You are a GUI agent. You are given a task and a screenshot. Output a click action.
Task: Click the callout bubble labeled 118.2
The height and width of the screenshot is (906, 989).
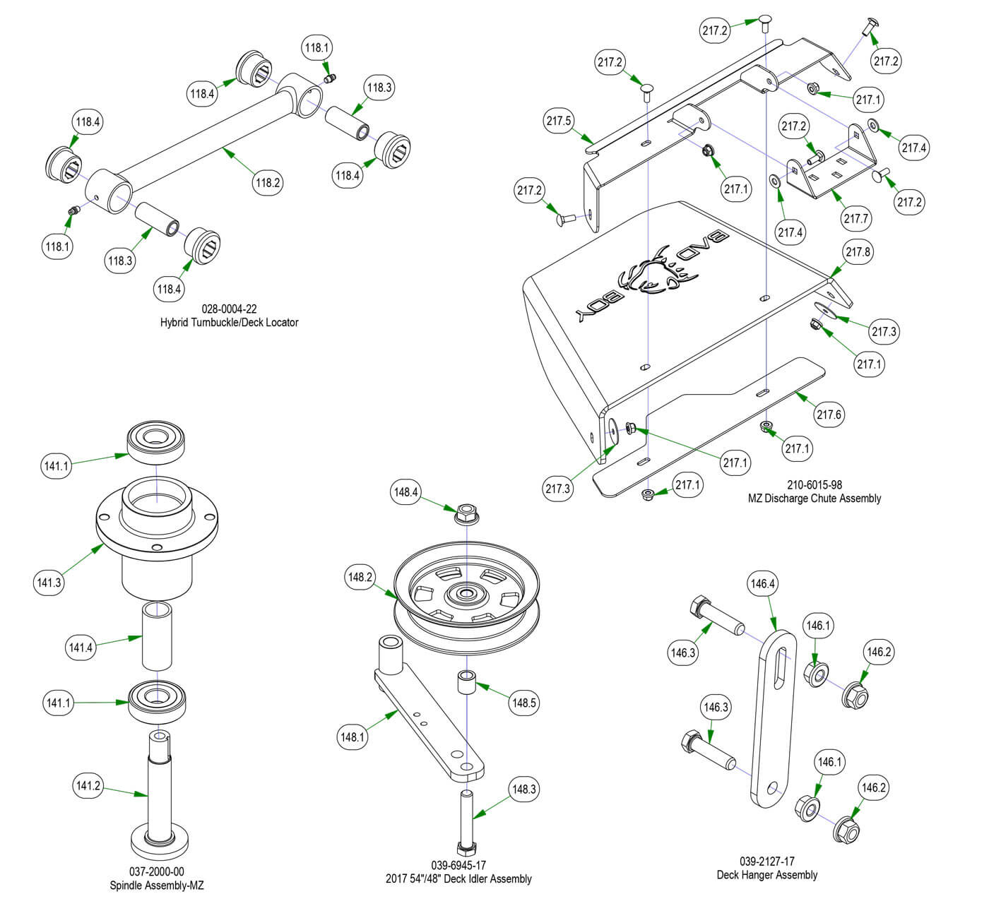click(268, 182)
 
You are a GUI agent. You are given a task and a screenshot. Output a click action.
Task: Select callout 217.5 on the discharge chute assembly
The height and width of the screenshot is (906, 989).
click(559, 121)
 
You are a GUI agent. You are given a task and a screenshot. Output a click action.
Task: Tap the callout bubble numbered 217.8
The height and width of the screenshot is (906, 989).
click(858, 252)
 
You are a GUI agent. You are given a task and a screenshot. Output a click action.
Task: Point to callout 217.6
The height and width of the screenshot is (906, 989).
click(829, 415)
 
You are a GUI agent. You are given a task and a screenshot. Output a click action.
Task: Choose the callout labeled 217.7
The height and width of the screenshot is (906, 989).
click(856, 218)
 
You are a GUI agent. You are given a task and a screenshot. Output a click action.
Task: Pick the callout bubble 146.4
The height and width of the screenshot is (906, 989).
click(763, 584)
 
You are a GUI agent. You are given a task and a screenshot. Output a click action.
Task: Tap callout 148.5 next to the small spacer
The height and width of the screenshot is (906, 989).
click(525, 703)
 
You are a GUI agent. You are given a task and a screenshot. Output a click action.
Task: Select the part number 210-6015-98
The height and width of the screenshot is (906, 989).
click(814, 485)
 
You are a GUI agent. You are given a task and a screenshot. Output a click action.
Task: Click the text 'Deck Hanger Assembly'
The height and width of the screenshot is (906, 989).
click(766, 875)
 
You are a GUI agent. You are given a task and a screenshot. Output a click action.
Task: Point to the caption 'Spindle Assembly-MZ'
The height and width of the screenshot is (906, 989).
click(156, 886)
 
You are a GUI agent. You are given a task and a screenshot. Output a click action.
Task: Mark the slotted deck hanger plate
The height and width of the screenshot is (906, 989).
click(775, 713)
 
